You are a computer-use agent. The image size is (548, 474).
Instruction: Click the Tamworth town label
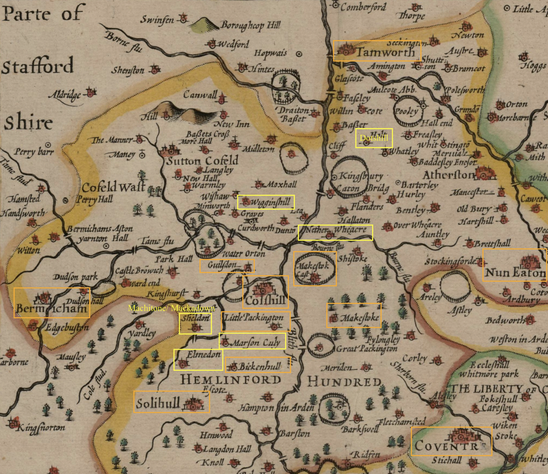(386, 52)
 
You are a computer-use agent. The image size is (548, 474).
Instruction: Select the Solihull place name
(158, 403)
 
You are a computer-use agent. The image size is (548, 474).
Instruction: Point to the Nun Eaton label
(515, 273)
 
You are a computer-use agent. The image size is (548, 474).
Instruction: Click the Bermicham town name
(51, 309)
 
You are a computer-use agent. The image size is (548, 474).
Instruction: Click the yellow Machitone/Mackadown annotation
(171, 308)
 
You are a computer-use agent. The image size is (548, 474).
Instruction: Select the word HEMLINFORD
(231, 380)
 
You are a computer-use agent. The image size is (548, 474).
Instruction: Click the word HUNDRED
(344, 381)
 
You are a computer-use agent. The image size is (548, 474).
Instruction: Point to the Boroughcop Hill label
(250, 26)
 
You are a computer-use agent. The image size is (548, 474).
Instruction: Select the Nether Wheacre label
(336, 230)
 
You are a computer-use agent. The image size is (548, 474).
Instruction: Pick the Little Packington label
(254, 318)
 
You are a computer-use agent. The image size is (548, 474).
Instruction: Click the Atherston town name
(448, 175)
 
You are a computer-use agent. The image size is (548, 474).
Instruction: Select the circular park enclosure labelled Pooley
(406, 111)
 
